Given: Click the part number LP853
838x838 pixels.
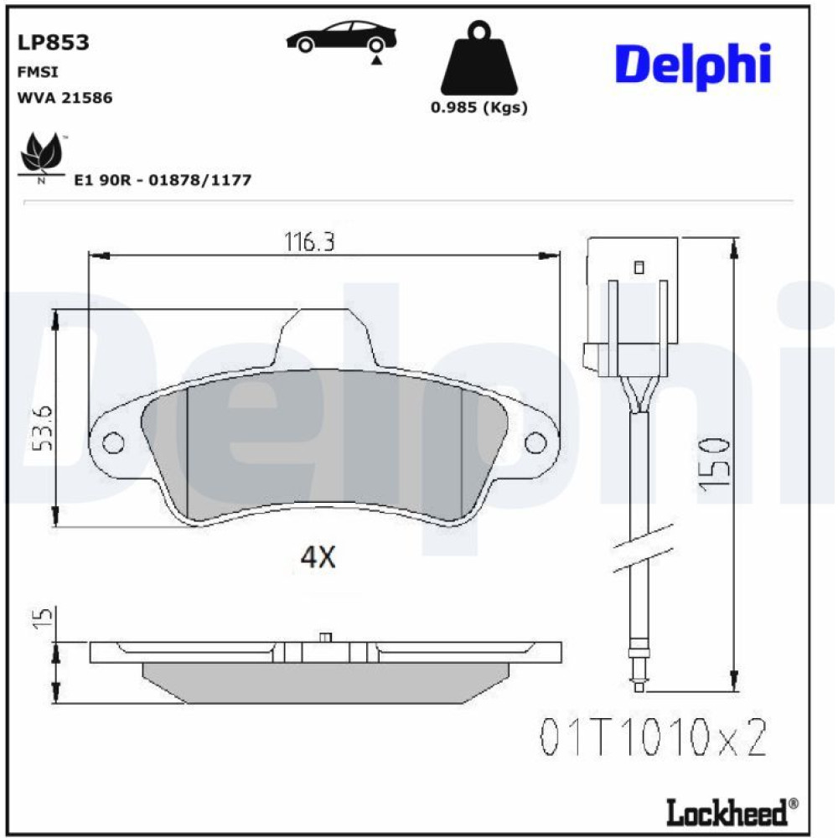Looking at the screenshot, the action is (x=54, y=42).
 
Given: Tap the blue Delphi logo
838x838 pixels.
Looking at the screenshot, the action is (x=693, y=65).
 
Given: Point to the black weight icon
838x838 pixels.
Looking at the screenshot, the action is (x=478, y=58).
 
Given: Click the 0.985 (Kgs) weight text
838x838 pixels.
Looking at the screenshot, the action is (x=478, y=107).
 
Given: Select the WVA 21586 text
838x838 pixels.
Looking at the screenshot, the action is (x=65, y=98).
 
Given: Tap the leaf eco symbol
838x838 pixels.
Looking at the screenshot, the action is (x=41, y=155).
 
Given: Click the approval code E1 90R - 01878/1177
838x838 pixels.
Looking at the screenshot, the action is (x=163, y=179).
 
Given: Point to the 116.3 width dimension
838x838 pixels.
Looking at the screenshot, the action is (x=309, y=241).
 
